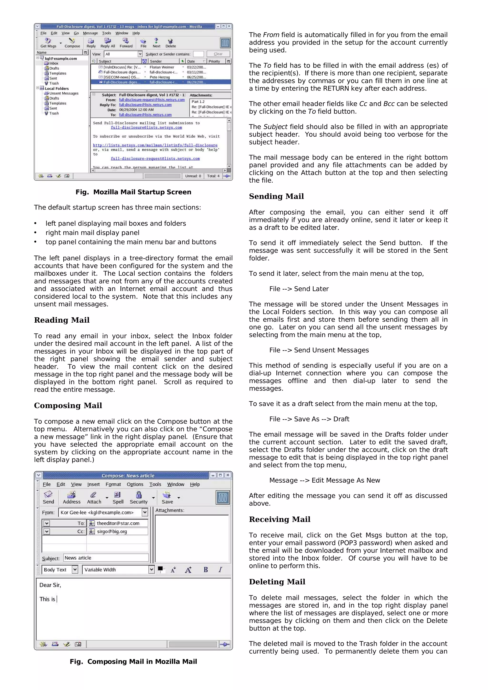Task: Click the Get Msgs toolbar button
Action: pos(48,43)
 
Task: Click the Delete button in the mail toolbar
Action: pos(170,43)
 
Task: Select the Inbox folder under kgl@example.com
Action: pos(54,63)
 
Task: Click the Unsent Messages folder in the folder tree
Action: pos(63,94)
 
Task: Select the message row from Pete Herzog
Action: pos(160,77)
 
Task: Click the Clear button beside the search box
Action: pos(218,54)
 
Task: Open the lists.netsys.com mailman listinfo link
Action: pos(155,145)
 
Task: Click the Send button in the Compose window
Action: pos(48,497)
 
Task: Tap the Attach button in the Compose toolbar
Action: pos(94,497)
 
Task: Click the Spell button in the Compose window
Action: pos(118,497)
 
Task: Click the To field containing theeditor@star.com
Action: pos(118,523)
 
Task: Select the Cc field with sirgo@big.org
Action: pos(118,531)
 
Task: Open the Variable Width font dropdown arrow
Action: pos(151,570)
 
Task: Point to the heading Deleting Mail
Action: pos(277,582)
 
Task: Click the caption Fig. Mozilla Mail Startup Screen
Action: pos(133,192)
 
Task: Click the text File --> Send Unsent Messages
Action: pos(319,350)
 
